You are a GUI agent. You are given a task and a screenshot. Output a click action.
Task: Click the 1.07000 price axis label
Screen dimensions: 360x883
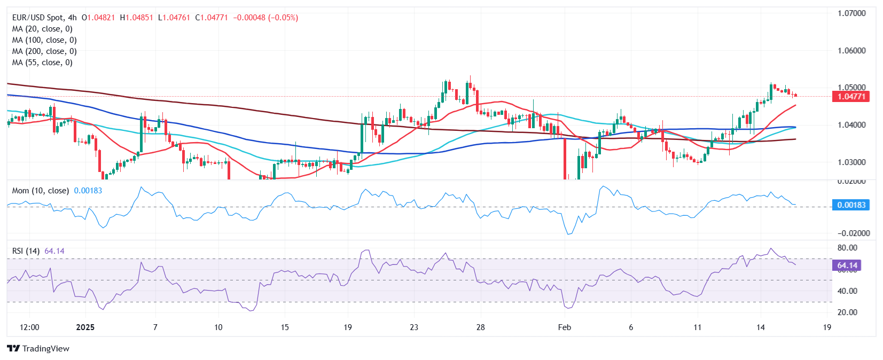click(x=851, y=13)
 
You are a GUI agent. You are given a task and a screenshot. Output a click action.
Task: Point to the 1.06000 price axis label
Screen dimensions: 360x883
click(x=851, y=51)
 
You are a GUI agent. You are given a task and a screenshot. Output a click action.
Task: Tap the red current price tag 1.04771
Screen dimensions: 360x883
click(x=851, y=97)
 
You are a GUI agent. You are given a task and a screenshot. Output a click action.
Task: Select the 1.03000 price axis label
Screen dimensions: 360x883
click(x=851, y=162)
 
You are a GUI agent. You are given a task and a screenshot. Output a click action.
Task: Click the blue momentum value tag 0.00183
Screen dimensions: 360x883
click(x=851, y=205)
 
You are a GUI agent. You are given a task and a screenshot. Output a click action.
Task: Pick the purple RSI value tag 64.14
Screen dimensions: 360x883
click(x=847, y=265)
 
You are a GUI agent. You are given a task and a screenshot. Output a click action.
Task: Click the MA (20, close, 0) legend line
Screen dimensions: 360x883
click(x=42, y=29)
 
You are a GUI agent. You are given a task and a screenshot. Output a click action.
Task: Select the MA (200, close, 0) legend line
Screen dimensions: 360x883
click(x=44, y=51)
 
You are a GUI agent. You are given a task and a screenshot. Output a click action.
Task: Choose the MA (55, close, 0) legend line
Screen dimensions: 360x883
click(x=42, y=62)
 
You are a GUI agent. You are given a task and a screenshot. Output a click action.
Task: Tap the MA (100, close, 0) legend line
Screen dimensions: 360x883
click(x=44, y=40)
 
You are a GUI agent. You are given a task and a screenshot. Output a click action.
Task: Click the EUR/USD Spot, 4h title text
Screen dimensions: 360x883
click(x=44, y=18)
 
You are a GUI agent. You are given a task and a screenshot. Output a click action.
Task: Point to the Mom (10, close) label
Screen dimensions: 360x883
click(x=41, y=191)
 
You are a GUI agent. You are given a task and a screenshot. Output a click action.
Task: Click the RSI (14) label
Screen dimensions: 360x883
click(x=26, y=251)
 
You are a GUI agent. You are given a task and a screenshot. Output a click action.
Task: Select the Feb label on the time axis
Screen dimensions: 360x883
click(x=564, y=327)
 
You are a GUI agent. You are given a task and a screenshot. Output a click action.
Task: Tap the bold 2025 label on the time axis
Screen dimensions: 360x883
click(x=85, y=327)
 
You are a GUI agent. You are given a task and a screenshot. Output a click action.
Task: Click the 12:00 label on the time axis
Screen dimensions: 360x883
click(x=29, y=327)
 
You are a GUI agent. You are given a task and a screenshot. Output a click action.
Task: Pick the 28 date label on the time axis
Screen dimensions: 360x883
click(x=480, y=327)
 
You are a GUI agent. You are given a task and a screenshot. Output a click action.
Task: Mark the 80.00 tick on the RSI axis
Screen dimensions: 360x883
click(x=847, y=248)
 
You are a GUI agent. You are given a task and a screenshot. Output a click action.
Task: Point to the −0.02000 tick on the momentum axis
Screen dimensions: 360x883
click(x=853, y=233)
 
